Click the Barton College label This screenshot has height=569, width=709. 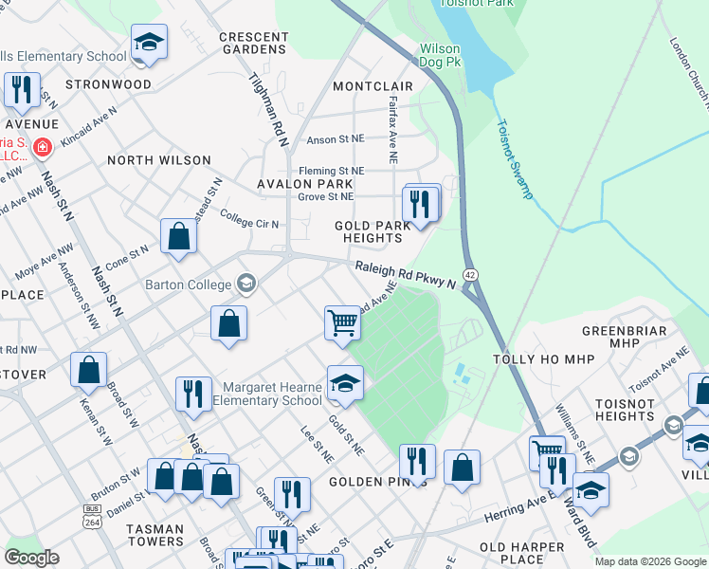pos(188,284)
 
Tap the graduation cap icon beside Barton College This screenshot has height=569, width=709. pos(246,284)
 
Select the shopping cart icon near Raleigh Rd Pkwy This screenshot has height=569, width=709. pos(342,322)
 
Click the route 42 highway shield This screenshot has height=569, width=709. pos(470,274)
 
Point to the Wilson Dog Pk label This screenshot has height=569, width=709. pos(440,55)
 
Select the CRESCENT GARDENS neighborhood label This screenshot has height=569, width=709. pos(252,43)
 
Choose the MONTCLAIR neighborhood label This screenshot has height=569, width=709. pos(373,86)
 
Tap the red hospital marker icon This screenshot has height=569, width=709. pos(42,148)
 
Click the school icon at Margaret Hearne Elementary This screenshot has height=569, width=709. pos(346,383)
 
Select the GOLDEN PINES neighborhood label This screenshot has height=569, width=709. pos(377,482)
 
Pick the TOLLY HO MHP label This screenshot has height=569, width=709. pos(536,360)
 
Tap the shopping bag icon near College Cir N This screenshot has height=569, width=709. pos(178,237)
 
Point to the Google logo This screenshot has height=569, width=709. pos(30,558)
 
